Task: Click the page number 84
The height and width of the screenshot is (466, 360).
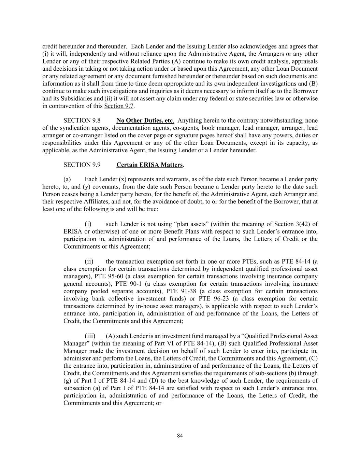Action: [180, 435]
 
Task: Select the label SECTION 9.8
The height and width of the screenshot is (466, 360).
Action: [82, 121]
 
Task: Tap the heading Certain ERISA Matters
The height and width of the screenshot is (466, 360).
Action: [149, 165]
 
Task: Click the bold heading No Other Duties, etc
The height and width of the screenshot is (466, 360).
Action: [145, 121]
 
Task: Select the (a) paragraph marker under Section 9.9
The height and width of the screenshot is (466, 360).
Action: [67, 179]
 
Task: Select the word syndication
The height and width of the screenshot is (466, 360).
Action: [74, 128]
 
